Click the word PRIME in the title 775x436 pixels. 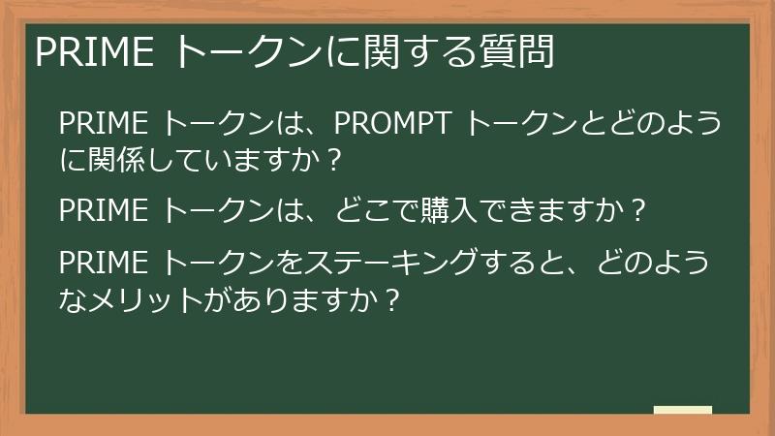[x=94, y=52]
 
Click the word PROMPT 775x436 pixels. [x=394, y=125]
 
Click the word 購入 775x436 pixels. [x=452, y=208]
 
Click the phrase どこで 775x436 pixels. [x=374, y=208]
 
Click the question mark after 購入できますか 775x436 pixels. [x=636, y=208]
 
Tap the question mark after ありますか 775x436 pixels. [x=389, y=298]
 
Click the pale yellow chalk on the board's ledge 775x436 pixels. [x=683, y=410]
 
